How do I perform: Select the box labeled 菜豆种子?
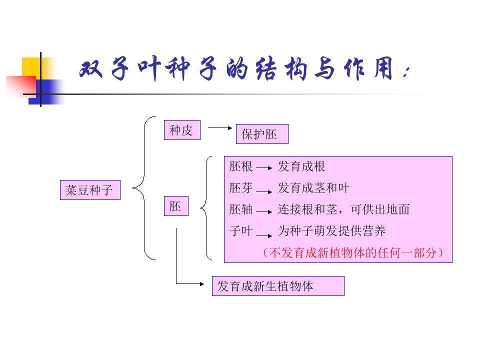(x=90, y=190)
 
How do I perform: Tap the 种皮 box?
(x=181, y=130)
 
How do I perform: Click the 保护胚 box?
(x=262, y=134)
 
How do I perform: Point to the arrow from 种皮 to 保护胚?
(x=220, y=127)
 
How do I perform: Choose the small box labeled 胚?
(x=176, y=206)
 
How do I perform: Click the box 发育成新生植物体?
(x=278, y=286)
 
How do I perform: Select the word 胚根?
(x=241, y=166)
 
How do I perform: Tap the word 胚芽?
(x=241, y=188)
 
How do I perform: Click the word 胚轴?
(x=241, y=209)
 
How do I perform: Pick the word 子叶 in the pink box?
(x=241, y=231)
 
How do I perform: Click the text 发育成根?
(x=301, y=166)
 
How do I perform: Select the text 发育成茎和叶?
(x=313, y=188)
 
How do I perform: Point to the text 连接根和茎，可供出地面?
(x=343, y=209)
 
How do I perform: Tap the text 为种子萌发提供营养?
(x=331, y=231)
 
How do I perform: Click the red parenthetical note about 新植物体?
(x=352, y=253)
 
